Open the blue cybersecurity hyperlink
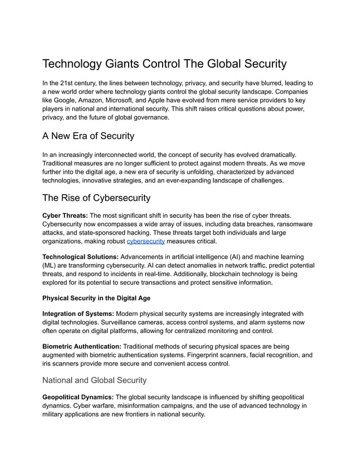pos(146,241)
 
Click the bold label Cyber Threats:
pos(65,215)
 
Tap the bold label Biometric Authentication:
pos(81,345)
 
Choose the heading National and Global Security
pos(95,380)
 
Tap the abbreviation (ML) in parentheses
pos(52,265)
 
